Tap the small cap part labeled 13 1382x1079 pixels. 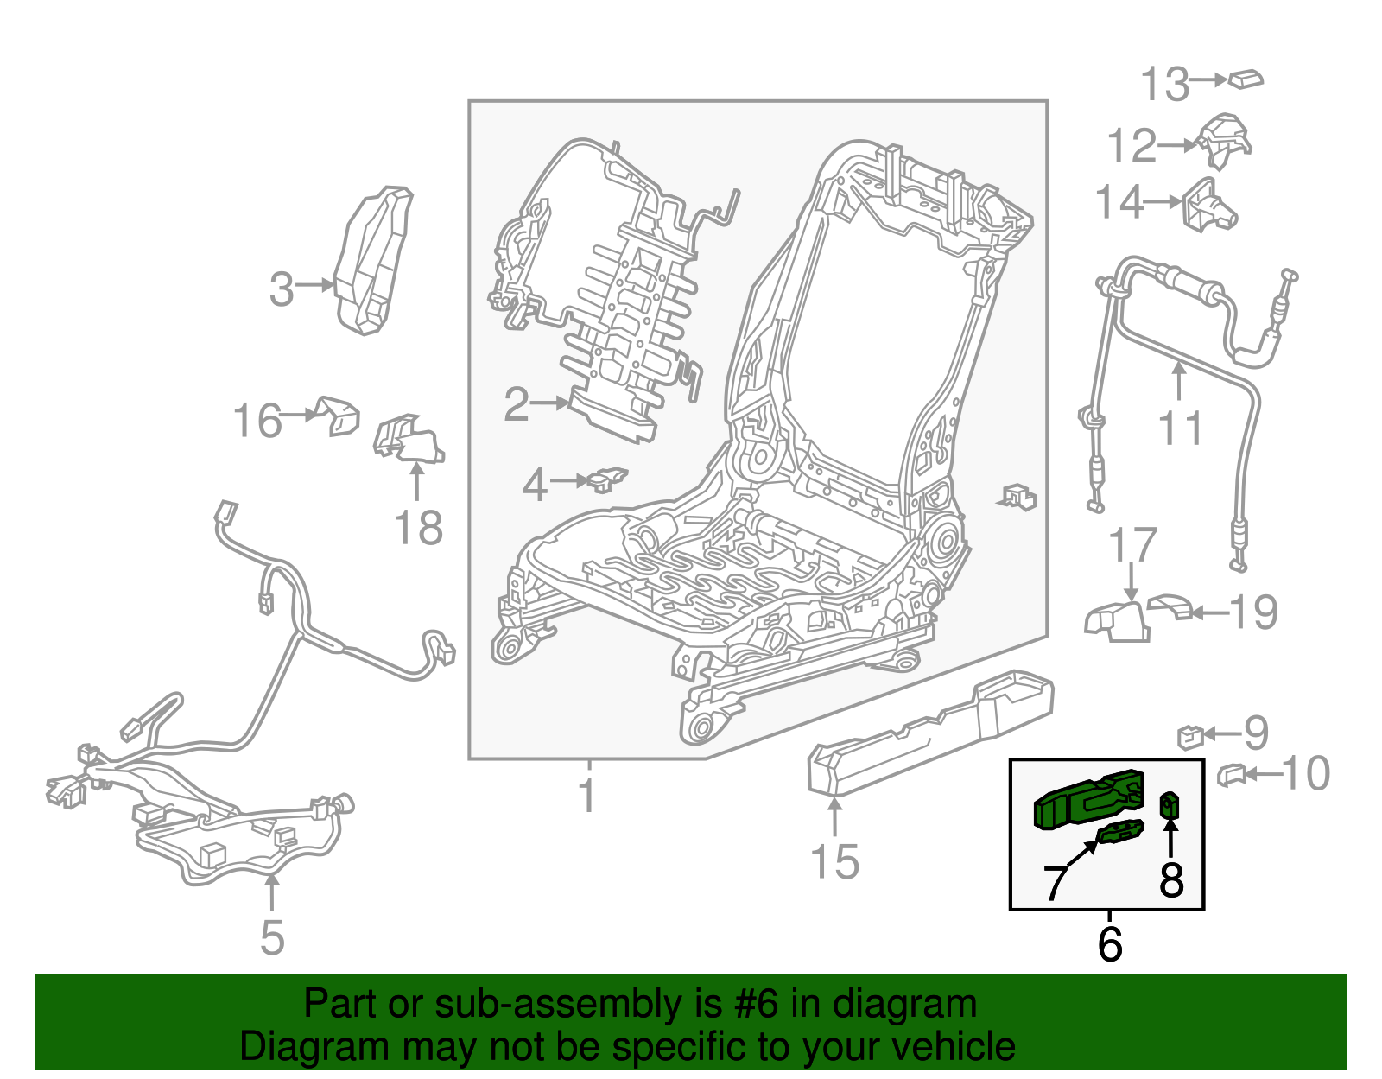pyautogui.click(x=1246, y=79)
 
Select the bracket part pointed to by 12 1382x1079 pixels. pyautogui.click(x=1224, y=141)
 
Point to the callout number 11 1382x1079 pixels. pyautogui.click(x=1180, y=428)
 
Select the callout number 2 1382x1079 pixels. pyautogui.click(x=517, y=404)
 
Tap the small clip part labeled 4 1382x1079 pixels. pyautogui.click(x=607, y=479)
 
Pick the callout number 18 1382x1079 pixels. pyautogui.click(x=418, y=527)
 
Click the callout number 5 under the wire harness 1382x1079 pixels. pyautogui.click(x=272, y=937)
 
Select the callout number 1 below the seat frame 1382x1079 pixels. pyautogui.click(x=587, y=795)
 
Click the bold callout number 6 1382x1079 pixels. pyautogui.click(x=1110, y=943)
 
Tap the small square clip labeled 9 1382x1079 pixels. pyautogui.click(x=1190, y=737)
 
